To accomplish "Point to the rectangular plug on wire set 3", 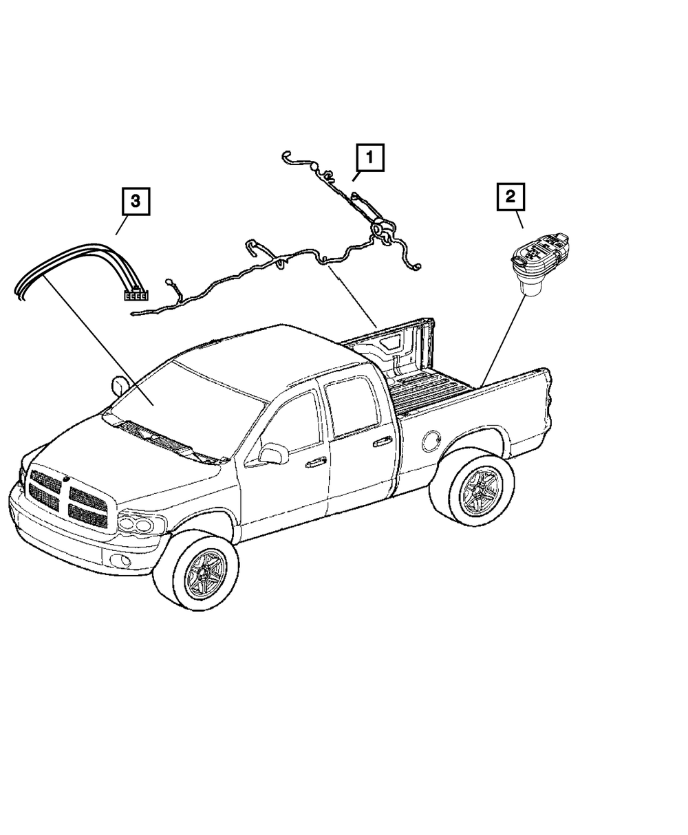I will (x=136, y=296).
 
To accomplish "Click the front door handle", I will (x=316, y=463).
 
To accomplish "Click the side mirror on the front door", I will (x=273, y=454).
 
